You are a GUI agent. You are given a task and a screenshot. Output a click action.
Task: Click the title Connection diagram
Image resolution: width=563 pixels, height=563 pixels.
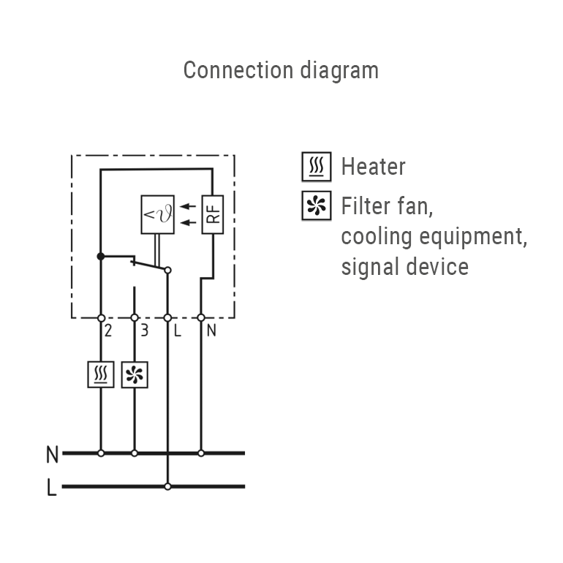281,70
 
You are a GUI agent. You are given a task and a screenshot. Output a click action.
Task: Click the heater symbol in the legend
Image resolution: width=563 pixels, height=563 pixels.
317,167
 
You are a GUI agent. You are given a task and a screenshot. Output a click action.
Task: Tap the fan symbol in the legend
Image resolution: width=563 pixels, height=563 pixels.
317,205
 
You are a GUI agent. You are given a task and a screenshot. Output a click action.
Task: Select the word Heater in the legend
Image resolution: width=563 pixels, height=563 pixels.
373,167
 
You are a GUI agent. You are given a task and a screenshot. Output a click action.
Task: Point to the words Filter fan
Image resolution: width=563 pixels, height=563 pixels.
387,206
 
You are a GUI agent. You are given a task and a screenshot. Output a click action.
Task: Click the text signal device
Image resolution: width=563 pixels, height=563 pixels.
404,266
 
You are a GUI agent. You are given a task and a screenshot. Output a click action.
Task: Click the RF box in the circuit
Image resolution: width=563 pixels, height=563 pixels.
211,214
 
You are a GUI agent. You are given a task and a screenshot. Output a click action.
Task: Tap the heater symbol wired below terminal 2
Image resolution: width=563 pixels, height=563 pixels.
100,374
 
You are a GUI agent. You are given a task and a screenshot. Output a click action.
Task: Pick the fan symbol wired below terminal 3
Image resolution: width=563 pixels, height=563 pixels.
134,374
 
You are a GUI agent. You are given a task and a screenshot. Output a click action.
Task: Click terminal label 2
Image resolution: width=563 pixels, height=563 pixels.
107,330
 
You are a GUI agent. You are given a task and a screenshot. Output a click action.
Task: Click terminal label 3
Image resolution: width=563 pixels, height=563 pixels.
144,330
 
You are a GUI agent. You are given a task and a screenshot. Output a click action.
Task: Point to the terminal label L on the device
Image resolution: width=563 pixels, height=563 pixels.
176,330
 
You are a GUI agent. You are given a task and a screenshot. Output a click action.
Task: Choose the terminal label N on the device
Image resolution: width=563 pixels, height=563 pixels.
211,330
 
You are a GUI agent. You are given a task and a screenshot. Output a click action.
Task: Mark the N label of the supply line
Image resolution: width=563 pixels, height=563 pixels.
52,454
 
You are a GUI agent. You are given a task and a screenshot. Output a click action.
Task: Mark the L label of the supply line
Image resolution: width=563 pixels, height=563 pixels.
52,488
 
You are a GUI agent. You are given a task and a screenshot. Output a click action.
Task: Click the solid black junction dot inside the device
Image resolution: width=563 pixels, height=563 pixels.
100,256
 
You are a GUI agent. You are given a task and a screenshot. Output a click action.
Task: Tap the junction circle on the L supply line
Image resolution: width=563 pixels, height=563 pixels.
167,486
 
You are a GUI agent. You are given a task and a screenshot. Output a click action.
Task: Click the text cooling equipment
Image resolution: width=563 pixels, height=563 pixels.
434,236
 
